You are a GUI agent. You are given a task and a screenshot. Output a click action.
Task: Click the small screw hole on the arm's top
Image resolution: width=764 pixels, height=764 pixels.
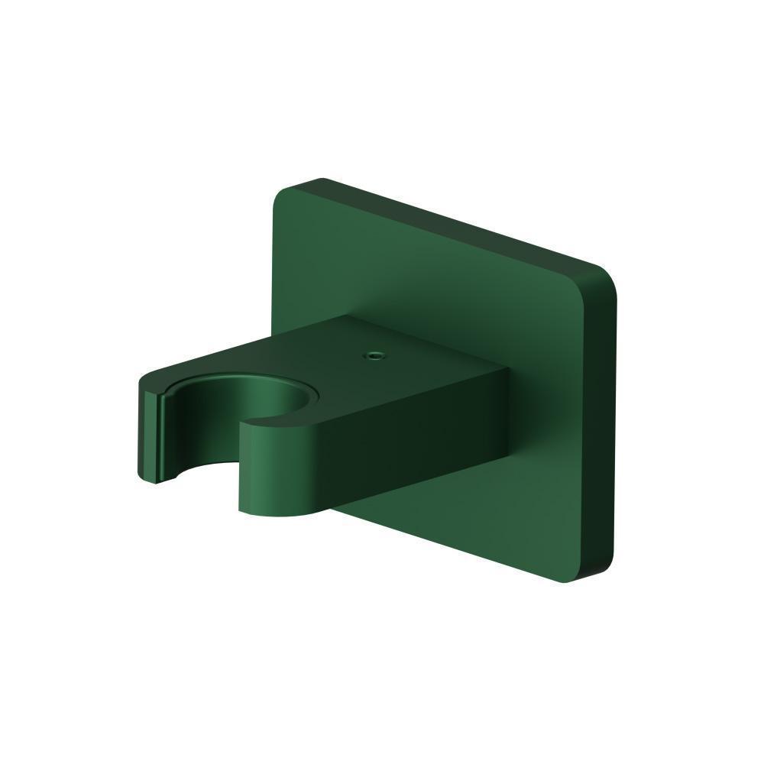pyautogui.click(x=374, y=354)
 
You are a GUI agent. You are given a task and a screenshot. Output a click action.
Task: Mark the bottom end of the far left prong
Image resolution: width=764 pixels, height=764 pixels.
pyautogui.click(x=157, y=481)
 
